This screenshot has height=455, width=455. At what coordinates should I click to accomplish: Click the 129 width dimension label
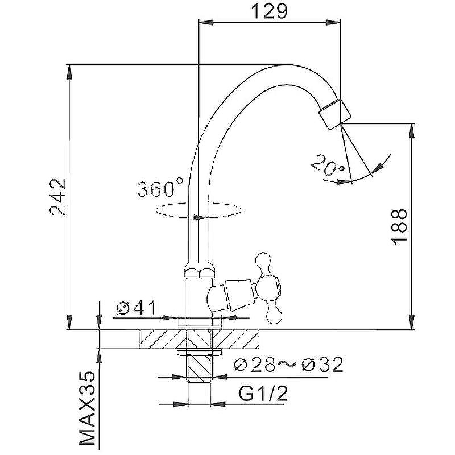coord(269,11)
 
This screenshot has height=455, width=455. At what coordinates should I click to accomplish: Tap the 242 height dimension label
coord(58,197)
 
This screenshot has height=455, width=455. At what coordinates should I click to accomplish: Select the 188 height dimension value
coord(399,226)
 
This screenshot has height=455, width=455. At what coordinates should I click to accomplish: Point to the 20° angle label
coord(328,165)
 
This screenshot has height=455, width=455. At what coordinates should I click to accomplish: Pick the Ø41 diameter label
coord(136,308)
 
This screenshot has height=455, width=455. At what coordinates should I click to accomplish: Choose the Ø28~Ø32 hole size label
coord(288,364)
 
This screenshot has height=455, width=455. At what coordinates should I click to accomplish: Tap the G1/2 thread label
coord(263,393)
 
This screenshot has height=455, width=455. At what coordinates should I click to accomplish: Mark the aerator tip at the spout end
coord(334,114)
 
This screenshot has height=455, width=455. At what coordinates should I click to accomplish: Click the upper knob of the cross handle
coord(263,263)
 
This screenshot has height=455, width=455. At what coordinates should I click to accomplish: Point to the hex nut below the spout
coord(200,269)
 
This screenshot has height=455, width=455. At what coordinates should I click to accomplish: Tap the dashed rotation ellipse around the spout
coord(198,210)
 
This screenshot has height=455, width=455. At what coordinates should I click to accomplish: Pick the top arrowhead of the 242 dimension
coord(69,72)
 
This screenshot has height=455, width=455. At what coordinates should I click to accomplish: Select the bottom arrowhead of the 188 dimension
coord(412,322)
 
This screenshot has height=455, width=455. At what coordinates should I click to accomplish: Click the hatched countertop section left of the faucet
coord(163,339)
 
